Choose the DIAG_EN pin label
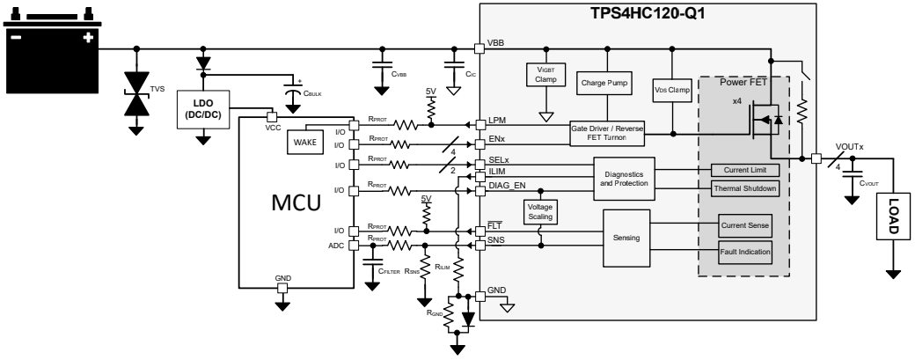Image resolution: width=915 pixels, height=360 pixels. [507, 187]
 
